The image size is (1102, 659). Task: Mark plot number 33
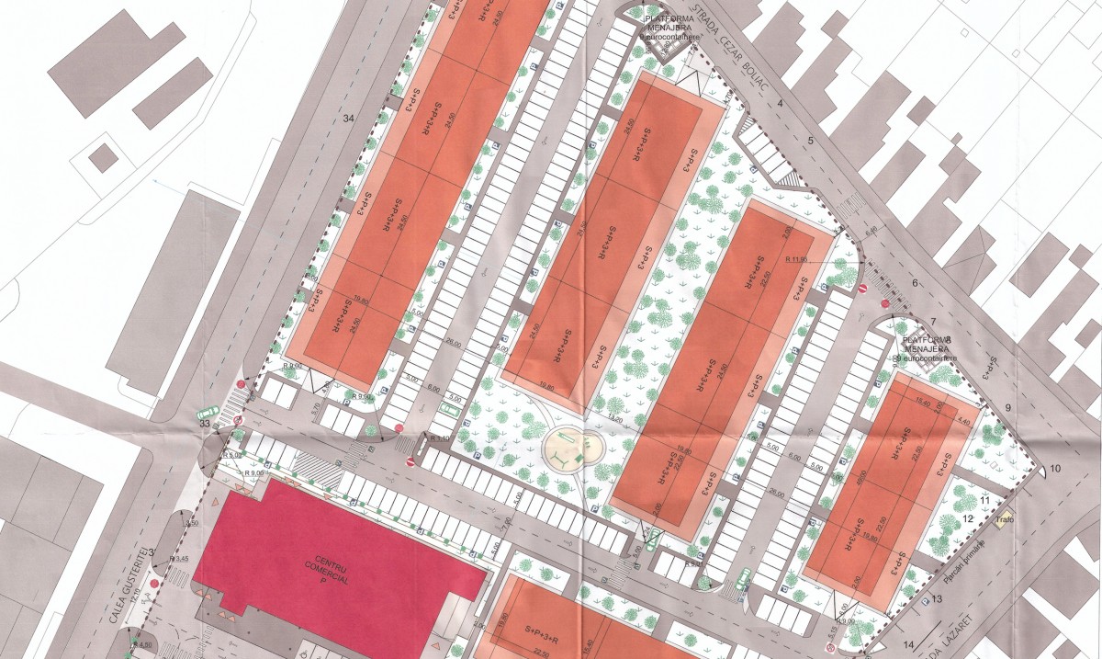point(205,424)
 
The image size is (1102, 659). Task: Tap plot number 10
point(1055,470)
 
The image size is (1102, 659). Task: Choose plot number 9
point(1007,408)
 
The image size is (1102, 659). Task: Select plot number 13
point(938,598)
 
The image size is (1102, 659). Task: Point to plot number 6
point(915,282)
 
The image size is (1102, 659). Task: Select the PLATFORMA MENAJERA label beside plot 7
point(924,343)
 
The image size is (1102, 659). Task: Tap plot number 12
point(967,518)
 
